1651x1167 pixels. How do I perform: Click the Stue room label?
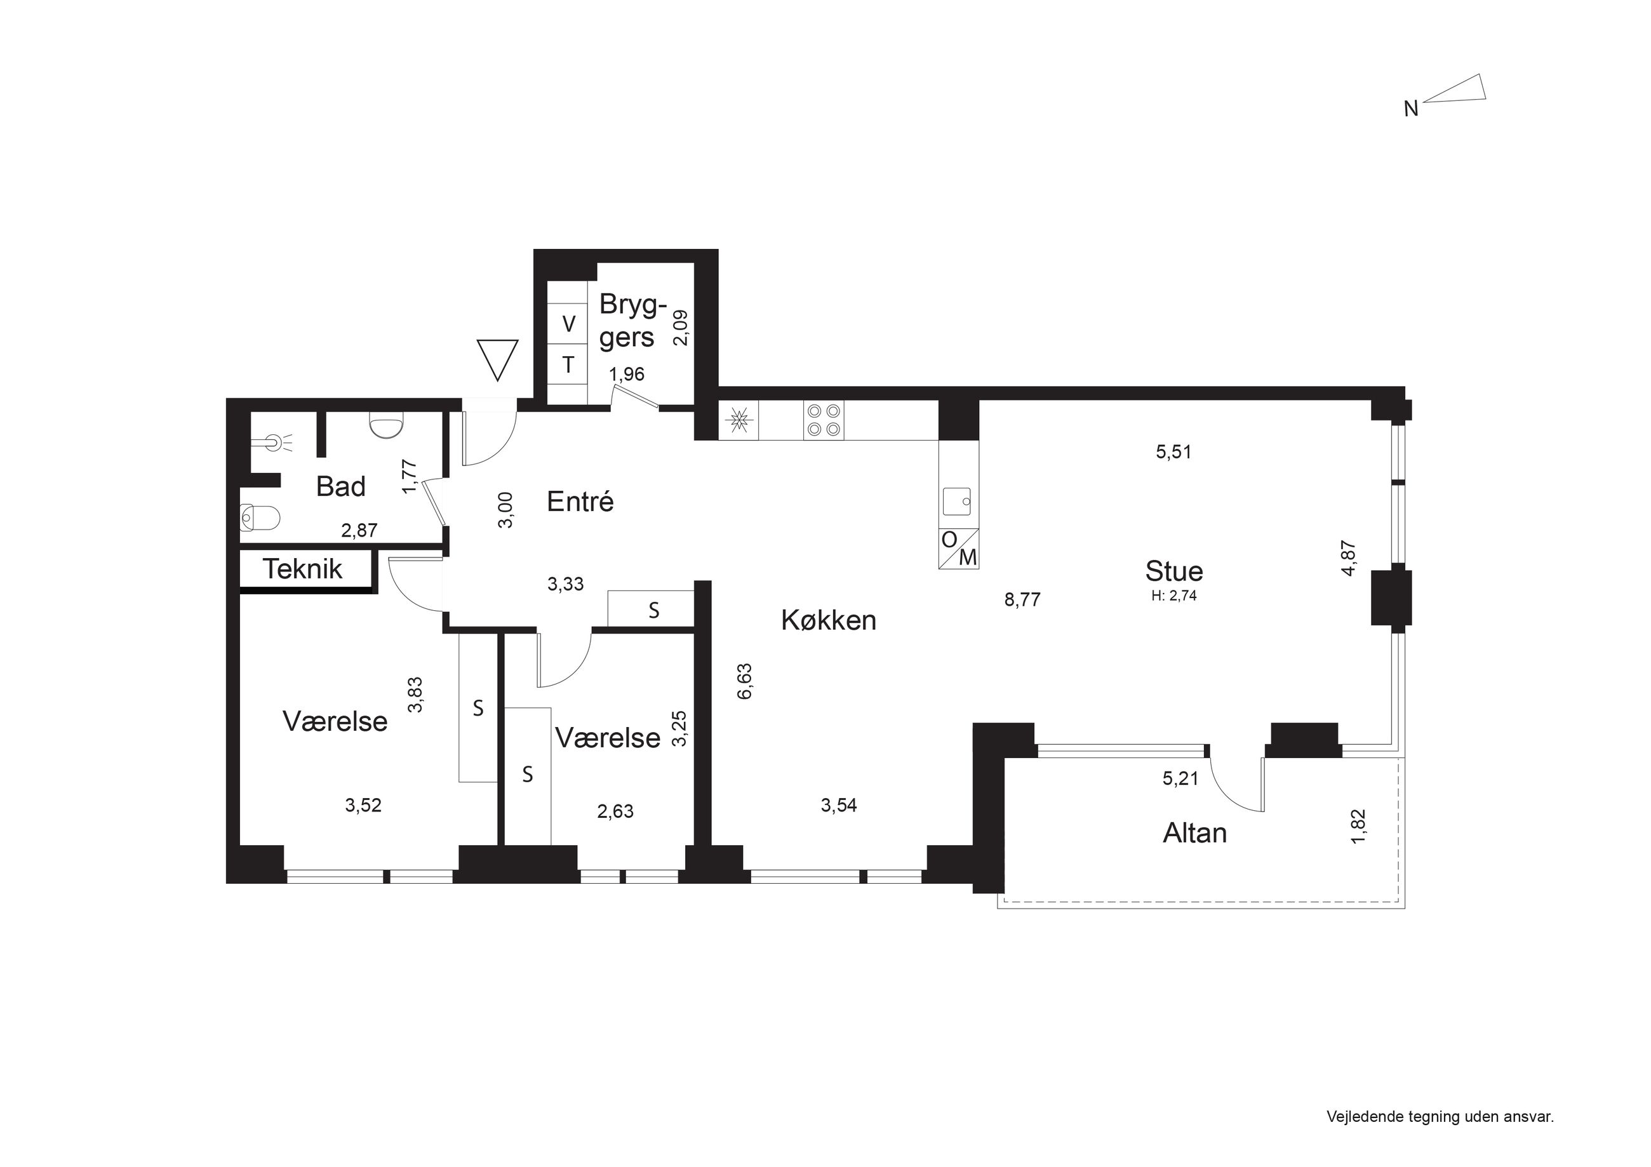click(x=1173, y=571)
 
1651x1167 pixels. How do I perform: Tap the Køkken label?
click(x=829, y=620)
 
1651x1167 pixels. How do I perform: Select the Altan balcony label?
click(x=1194, y=832)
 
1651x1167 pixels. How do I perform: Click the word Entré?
click(x=580, y=501)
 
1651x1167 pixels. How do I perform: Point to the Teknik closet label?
click(x=302, y=569)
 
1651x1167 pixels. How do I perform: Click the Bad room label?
click(x=341, y=487)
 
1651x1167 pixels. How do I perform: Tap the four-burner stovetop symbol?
click(x=824, y=420)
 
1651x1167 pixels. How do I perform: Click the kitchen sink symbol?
click(x=958, y=501)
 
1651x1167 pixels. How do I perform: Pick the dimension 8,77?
click(x=1022, y=599)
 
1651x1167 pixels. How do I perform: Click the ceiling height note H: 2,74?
click(x=1173, y=596)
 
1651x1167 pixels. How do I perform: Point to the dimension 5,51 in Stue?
click(x=1173, y=452)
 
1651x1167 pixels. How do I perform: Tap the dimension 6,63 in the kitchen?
click(x=744, y=681)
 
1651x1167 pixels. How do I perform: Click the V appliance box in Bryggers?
click(x=568, y=324)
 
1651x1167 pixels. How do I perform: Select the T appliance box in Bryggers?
click(x=568, y=365)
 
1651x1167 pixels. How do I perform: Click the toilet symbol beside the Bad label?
click(x=259, y=516)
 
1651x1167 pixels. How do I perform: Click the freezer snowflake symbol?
click(x=739, y=420)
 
